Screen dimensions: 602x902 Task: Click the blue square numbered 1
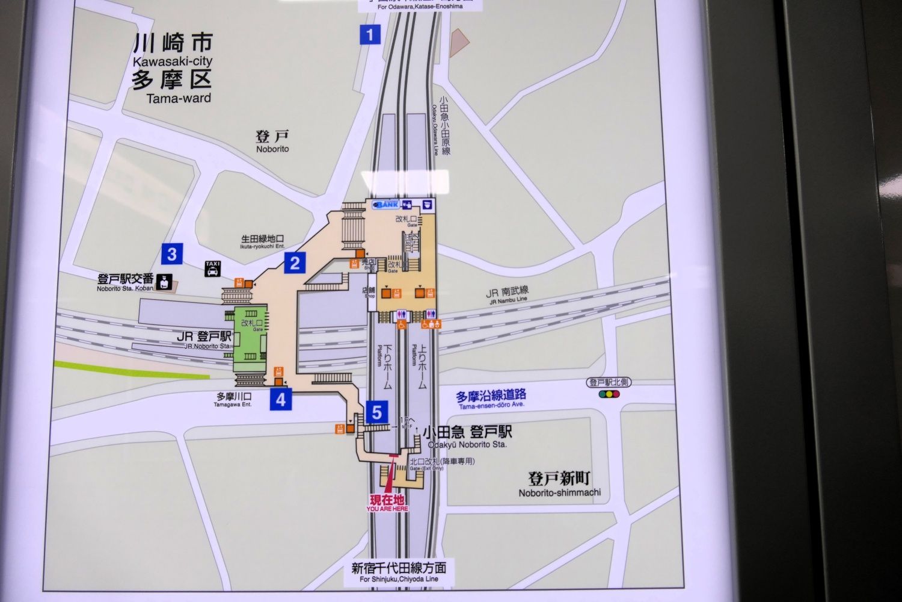click(x=370, y=35)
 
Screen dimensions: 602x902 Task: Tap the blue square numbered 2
click(x=295, y=263)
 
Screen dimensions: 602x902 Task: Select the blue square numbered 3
click(x=172, y=254)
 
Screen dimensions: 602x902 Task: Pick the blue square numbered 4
click(x=281, y=399)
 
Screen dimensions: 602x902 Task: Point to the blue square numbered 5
click(x=376, y=412)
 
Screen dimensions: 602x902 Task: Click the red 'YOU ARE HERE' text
click(x=387, y=509)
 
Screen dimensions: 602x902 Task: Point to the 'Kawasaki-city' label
click(x=173, y=61)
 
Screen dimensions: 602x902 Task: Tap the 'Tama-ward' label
click(x=179, y=98)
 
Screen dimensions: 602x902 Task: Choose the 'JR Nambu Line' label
click(x=507, y=299)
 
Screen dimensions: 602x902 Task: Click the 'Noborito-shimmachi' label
click(x=559, y=493)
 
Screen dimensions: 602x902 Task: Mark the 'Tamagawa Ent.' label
click(x=233, y=405)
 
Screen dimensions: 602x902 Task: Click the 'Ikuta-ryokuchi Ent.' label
click(x=262, y=246)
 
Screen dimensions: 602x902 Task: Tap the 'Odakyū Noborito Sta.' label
click(x=467, y=444)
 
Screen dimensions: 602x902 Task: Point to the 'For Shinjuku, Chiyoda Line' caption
click(x=399, y=579)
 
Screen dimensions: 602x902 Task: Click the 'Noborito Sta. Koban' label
click(x=125, y=288)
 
